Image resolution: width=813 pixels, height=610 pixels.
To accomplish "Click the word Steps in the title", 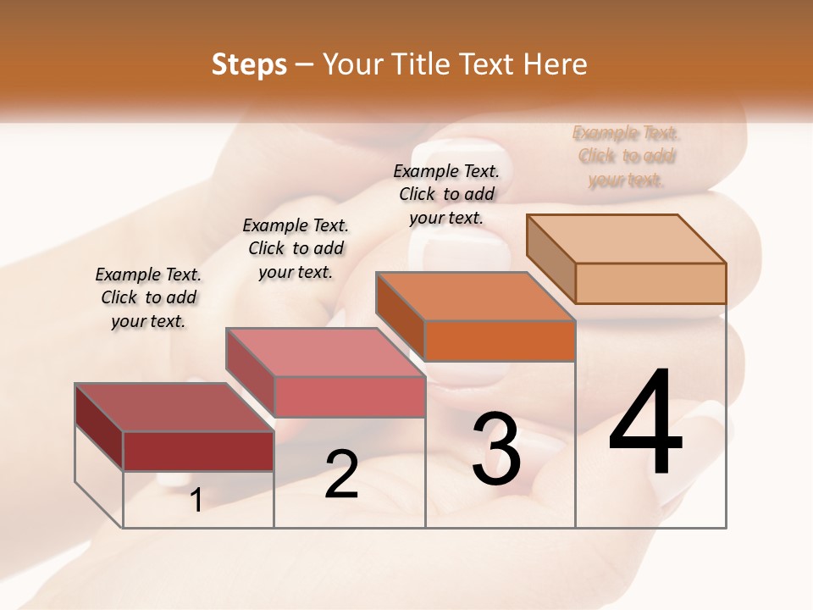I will (x=249, y=64).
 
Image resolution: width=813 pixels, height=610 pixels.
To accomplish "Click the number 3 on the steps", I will (x=496, y=448).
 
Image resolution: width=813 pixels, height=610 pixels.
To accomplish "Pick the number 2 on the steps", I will (x=341, y=474).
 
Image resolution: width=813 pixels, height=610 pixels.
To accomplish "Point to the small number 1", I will (x=196, y=501).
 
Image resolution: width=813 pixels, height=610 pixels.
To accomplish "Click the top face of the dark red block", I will (x=174, y=408).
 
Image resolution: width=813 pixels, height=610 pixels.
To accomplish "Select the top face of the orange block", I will (x=475, y=297).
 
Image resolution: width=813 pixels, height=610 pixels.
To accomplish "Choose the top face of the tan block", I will (x=626, y=239).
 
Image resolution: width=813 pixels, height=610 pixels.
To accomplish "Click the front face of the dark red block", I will (x=198, y=451).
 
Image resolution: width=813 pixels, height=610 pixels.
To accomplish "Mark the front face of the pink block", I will (x=349, y=396).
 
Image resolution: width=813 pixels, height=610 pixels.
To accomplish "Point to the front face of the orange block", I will (x=500, y=341).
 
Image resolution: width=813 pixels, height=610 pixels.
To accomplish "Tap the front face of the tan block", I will (x=650, y=283).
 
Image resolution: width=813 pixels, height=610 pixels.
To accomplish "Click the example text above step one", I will (x=148, y=297).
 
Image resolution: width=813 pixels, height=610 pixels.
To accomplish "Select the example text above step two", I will (x=296, y=248).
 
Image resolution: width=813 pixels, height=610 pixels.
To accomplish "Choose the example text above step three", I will (x=446, y=194).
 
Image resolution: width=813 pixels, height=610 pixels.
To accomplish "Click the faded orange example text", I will (x=626, y=156).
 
